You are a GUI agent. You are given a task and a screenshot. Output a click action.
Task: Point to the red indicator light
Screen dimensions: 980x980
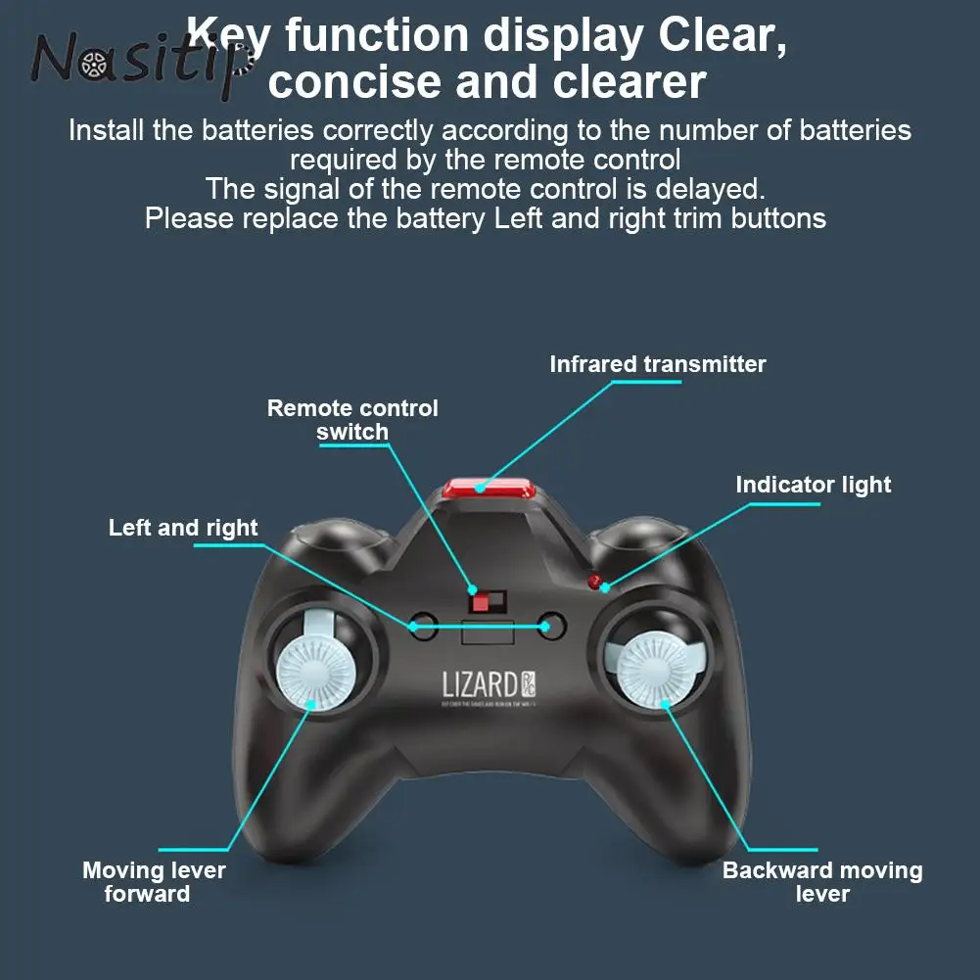coord(593,582)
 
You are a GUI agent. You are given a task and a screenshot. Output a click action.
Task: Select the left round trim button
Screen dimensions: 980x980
coord(423,626)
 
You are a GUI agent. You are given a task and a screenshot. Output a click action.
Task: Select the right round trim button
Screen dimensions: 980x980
coord(552,626)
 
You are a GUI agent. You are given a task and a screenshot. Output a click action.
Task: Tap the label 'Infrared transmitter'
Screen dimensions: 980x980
coord(657,364)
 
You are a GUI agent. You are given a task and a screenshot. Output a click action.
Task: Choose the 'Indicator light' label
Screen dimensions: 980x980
coord(813,485)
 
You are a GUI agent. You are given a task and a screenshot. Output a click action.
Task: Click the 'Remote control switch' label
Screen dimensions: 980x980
coord(352,420)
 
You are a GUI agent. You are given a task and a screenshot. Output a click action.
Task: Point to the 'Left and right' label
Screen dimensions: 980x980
coord(183,528)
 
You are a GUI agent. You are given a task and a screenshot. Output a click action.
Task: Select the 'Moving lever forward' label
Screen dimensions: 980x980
coord(153,881)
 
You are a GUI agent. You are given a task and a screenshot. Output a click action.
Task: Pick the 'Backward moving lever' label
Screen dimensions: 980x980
coord(821,881)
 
